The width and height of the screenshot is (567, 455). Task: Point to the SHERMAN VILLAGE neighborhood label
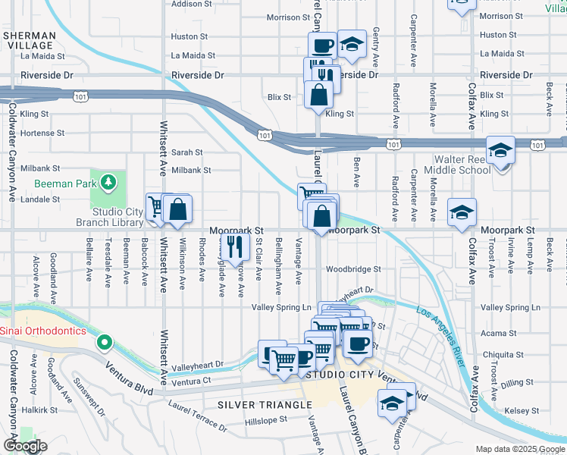tap(29, 40)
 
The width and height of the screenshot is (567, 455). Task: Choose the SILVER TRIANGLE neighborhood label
tap(265, 405)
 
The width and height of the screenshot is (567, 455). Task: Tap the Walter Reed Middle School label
tap(462, 165)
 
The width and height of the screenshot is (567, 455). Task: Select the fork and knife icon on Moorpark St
tap(235, 245)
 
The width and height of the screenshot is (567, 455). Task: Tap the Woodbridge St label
tap(352, 269)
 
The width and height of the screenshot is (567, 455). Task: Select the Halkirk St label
tap(39, 409)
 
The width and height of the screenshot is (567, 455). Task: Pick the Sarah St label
tap(186, 152)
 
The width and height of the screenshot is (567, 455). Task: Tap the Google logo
tap(25, 446)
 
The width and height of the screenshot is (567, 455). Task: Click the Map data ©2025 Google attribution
tap(519, 450)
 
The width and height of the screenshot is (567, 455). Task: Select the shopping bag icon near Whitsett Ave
tap(177, 209)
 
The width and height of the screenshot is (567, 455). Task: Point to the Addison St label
tap(191, 4)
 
